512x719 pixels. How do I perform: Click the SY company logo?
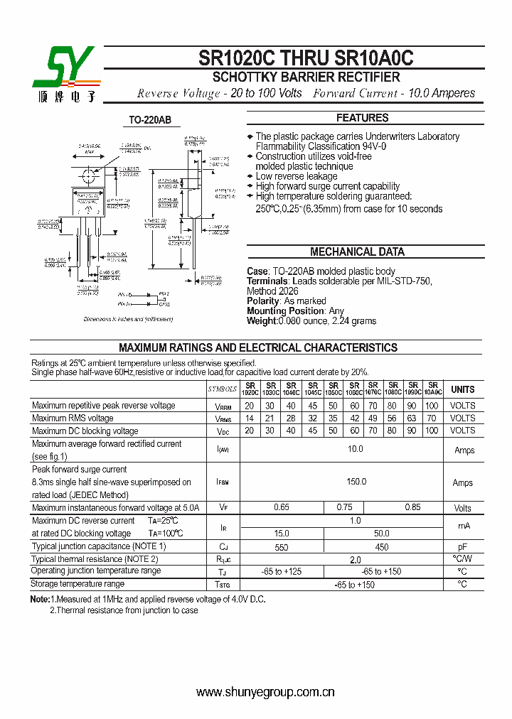(x=63, y=73)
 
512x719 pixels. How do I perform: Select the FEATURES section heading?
(x=362, y=118)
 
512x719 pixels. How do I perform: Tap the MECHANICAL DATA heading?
(x=357, y=252)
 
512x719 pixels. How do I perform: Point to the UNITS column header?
(x=462, y=389)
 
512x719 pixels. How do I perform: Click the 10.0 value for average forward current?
(x=355, y=449)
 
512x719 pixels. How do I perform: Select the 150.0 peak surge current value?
(x=355, y=482)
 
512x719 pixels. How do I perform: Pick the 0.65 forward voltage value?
(x=282, y=507)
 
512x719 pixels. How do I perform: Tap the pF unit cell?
(x=462, y=546)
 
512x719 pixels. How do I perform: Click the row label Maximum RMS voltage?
(x=73, y=418)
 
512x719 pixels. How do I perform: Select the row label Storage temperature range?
(x=78, y=584)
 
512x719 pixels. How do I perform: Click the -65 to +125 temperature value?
(x=282, y=571)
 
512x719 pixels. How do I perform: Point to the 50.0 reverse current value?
(x=381, y=533)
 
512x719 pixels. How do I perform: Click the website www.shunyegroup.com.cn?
(x=265, y=692)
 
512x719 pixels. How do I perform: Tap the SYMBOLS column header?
(x=223, y=389)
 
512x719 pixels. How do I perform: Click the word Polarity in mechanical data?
(x=264, y=301)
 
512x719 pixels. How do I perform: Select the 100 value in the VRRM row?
(x=432, y=406)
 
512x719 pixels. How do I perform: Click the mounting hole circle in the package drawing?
(x=89, y=173)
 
